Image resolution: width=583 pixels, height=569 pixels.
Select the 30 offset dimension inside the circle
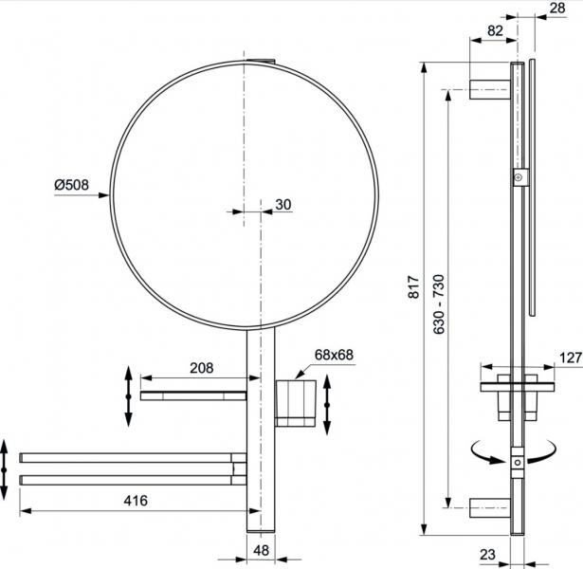pos(284,204)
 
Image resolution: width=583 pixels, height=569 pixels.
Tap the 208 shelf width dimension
pos(201,368)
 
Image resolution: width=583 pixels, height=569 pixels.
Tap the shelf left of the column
pos(193,394)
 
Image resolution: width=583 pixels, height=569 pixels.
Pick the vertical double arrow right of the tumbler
pos(328,403)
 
